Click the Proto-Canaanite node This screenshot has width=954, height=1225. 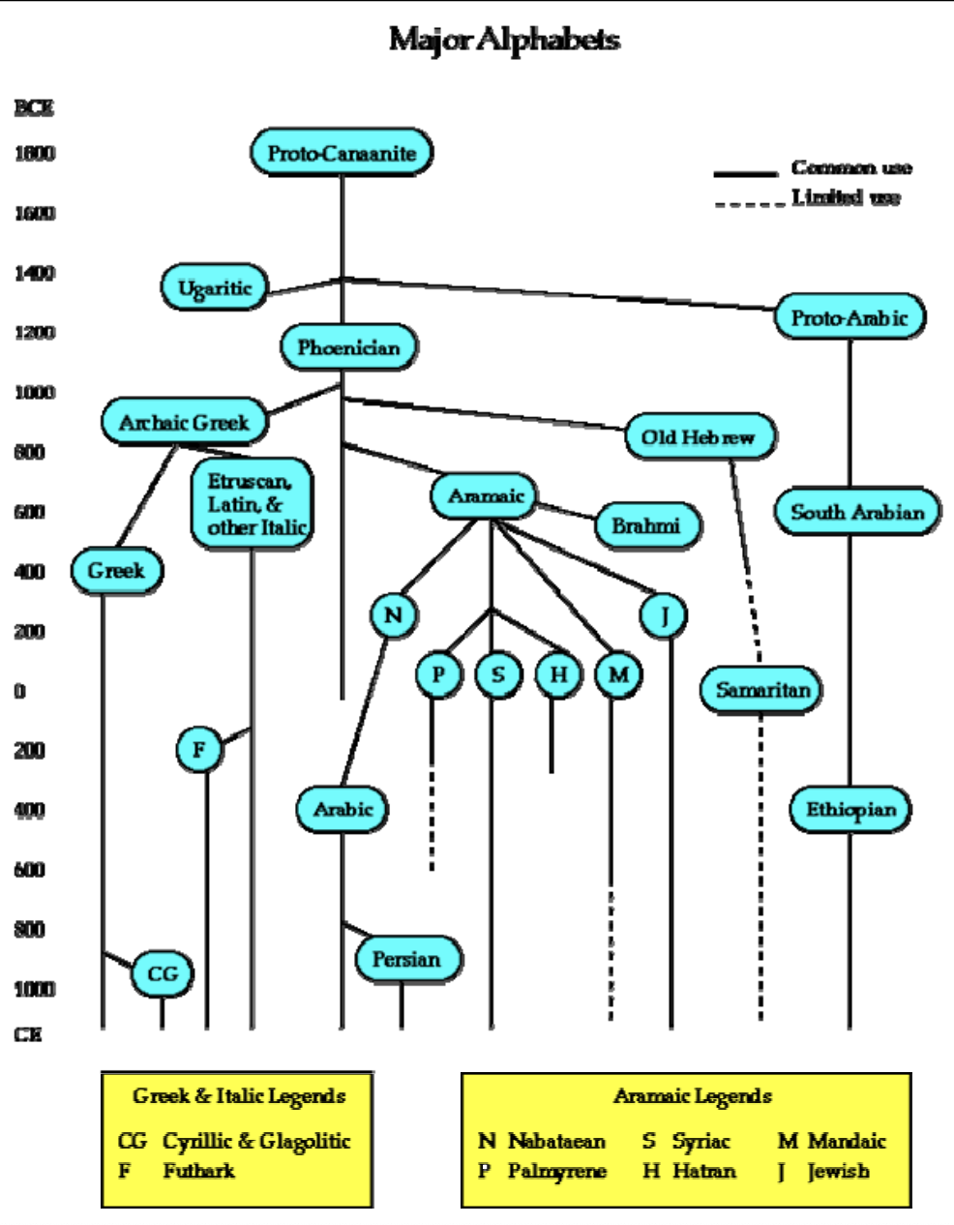[342, 153]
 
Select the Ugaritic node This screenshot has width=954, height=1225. [215, 287]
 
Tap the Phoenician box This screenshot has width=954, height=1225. [348, 346]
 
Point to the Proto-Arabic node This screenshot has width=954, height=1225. [850, 317]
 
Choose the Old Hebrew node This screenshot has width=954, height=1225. [699, 436]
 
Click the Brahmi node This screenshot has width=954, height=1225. [645, 526]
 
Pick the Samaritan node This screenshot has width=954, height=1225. [762, 690]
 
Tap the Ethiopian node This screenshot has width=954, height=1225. [851, 809]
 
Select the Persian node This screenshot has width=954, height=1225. [406, 959]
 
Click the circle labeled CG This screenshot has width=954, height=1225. [163, 973]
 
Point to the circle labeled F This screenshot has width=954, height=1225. [199, 749]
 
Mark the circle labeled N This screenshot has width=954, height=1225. [393, 615]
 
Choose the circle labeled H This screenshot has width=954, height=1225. [558, 674]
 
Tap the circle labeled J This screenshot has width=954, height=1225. [665, 615]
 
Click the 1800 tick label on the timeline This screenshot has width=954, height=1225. [35, 153]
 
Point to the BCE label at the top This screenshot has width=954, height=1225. [33, 107]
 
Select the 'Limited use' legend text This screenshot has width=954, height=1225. [846, 197]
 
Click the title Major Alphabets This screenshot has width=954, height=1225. [504, 40]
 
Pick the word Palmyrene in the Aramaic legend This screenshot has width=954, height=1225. [557, 1171]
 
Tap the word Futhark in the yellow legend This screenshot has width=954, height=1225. [198, 1171]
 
